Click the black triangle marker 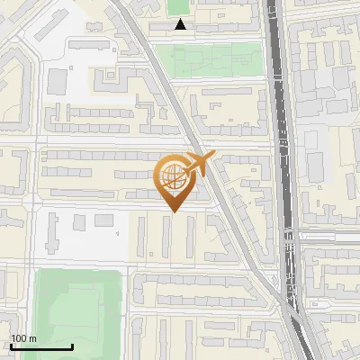182,25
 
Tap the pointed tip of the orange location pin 172,212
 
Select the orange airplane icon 200,163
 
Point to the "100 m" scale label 23,338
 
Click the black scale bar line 41,346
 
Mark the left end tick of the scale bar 11,345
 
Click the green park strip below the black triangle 216,59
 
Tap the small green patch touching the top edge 177,6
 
